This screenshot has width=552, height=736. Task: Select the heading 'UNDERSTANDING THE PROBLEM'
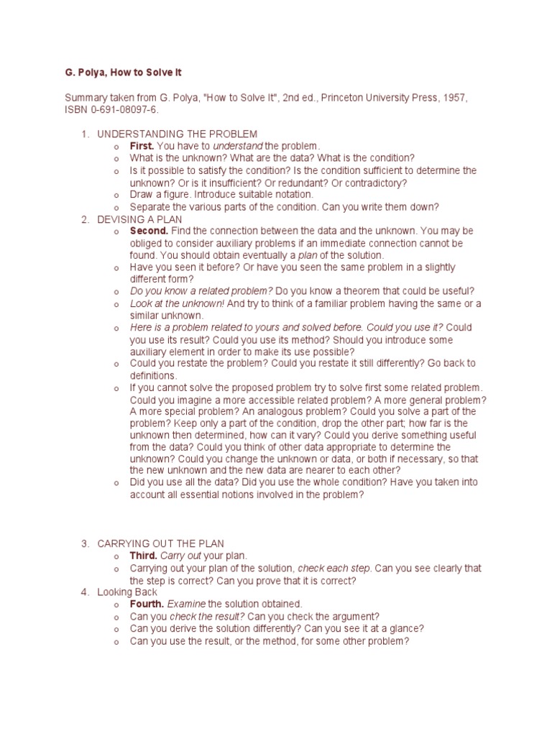(177, 134)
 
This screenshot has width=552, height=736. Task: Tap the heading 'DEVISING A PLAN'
(139, 218)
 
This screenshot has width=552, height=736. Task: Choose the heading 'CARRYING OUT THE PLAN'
(165, 543)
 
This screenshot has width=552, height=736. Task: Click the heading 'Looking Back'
(127, 592)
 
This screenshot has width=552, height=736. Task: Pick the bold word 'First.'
(142, 146)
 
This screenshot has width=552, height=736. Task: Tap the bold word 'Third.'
(143, 556)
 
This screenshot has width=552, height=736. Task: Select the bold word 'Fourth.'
(147, 604)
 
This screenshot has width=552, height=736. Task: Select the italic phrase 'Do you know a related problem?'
(201, 291)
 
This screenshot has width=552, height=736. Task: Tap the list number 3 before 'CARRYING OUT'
(84, 543)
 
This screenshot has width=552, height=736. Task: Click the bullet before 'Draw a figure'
(115, 195)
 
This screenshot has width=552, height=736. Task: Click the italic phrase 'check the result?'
(207, 616)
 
